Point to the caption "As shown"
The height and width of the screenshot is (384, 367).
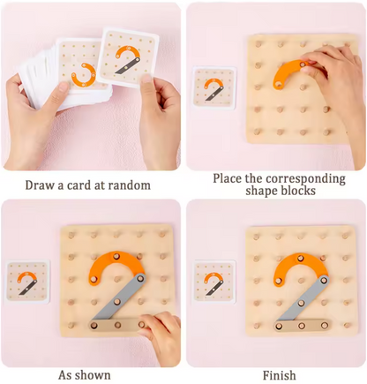(x=85, y=375)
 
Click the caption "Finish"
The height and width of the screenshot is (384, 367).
(x=280, y=376)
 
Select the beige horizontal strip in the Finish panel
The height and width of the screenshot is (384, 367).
(x=302, y=326)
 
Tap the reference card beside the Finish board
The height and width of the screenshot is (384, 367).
(x=213, y=282)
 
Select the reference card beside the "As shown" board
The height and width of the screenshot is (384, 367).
(x=28, y=282)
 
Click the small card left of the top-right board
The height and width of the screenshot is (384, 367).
(x=214, y=87)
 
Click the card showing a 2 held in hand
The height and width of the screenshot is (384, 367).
(x=128, y=57)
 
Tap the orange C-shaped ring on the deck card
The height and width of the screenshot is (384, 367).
(x=83, y=75)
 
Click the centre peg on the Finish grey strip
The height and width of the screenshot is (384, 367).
(x=301, y=302)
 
